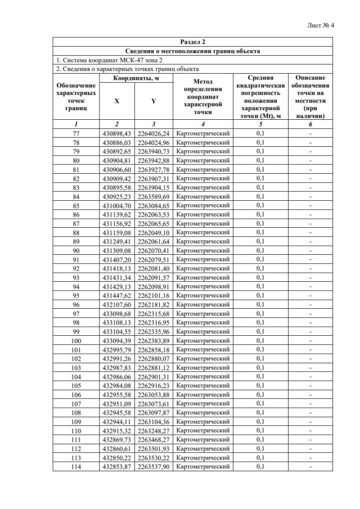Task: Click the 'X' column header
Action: pos(116,101)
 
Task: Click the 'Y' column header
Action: pos(153,101)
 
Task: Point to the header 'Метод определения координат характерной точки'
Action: pos(202,97)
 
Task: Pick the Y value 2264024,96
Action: pos(154,142)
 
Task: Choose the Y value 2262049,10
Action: pos(154,232)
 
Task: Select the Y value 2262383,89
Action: pos(154,340)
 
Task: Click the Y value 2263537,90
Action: pos(154,466)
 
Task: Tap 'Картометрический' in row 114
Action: pos(202,466)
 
